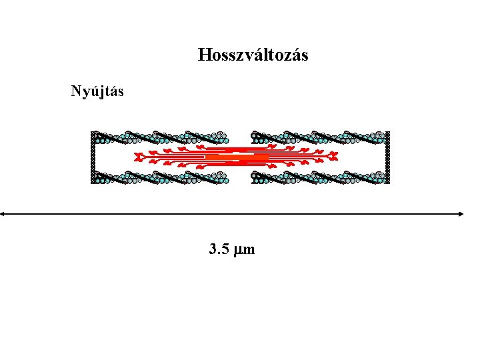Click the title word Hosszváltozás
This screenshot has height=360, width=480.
pos(253,55)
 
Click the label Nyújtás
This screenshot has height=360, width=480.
pos(97,91)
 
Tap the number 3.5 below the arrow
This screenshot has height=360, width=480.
pos(219,250)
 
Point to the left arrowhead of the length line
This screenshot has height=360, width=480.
pos(3,214)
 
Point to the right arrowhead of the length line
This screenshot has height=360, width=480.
pos(461,214)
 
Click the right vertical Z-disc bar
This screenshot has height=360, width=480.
pos(387,157)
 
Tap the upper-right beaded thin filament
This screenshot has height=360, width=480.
pos(318,138)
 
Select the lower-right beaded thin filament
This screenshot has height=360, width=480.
pos(318,177)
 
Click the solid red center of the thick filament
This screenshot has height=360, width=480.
pos(237,157)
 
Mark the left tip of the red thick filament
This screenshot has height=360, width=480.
pos(136,158)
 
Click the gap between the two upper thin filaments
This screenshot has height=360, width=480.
pos(239,138)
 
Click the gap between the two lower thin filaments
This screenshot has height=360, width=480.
pos(239,177)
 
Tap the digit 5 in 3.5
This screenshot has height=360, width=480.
pos(226,250)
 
